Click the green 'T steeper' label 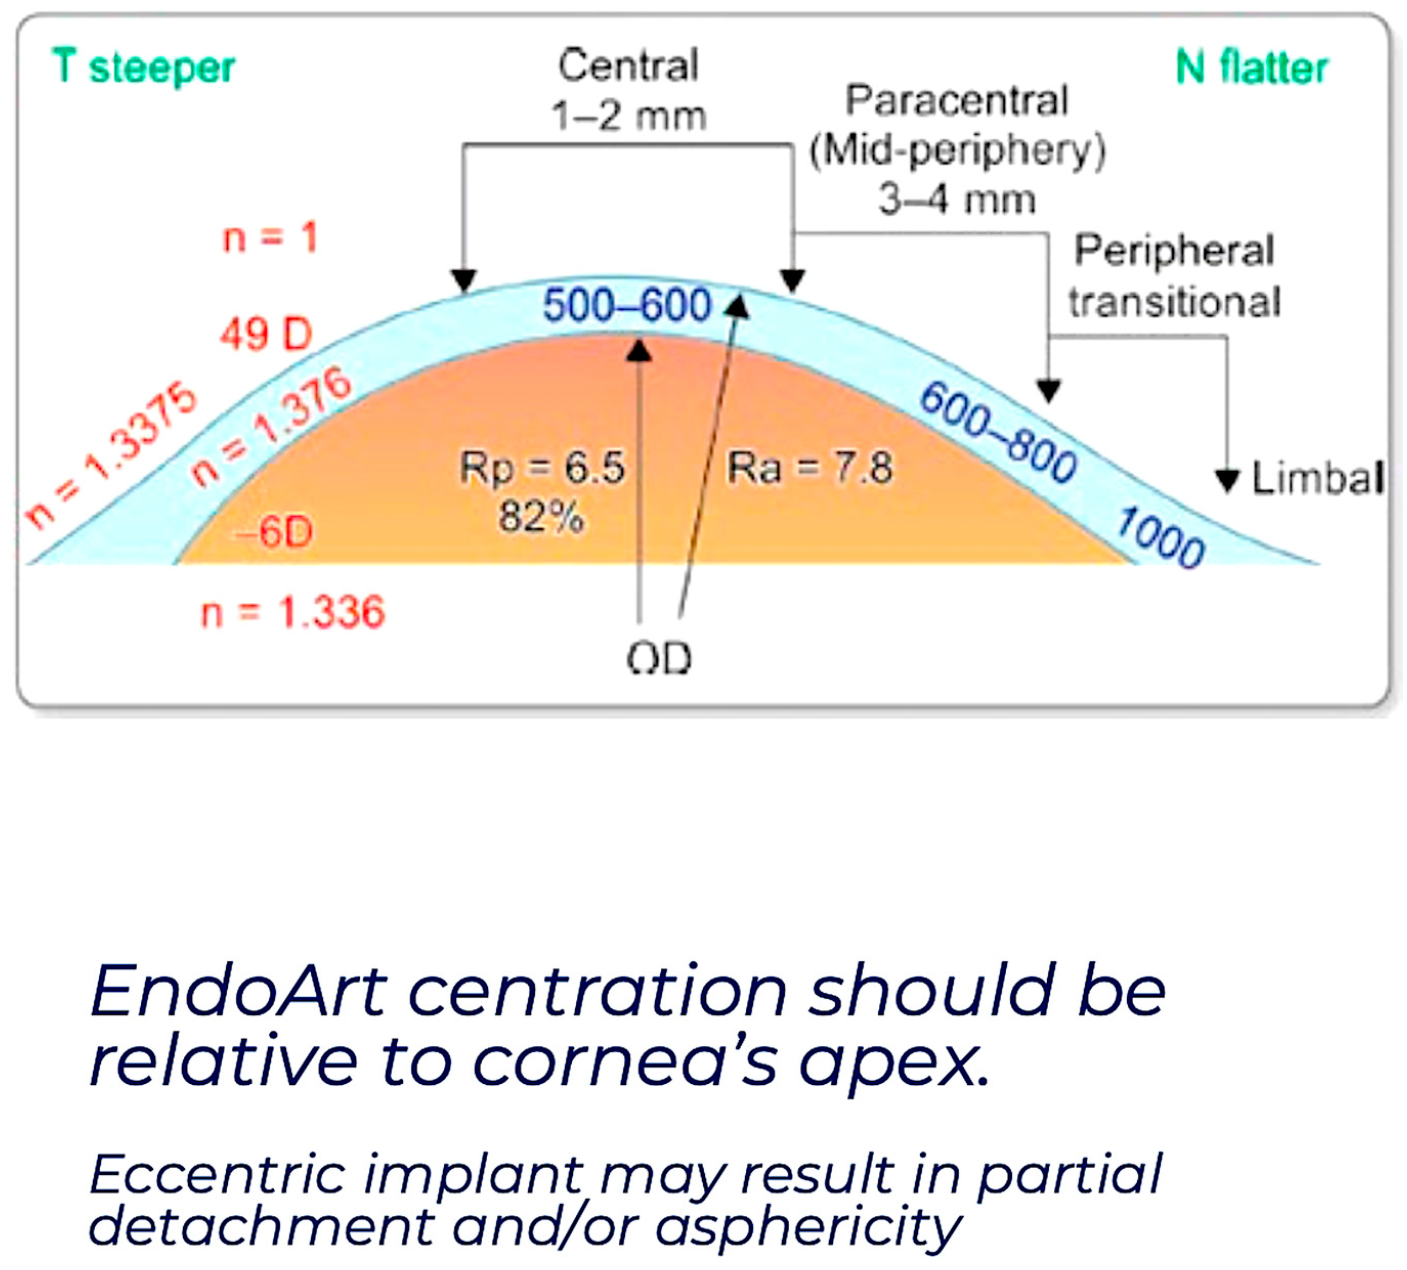(144, 68)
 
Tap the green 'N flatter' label (1251, 68)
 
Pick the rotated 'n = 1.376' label (271, 426)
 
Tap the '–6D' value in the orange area (274, 533)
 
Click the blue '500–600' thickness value (627, 305)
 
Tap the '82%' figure (541, 518)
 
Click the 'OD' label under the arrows (659, 658)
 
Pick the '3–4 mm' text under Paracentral (957, 200)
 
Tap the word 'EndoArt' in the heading (239, 991)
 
